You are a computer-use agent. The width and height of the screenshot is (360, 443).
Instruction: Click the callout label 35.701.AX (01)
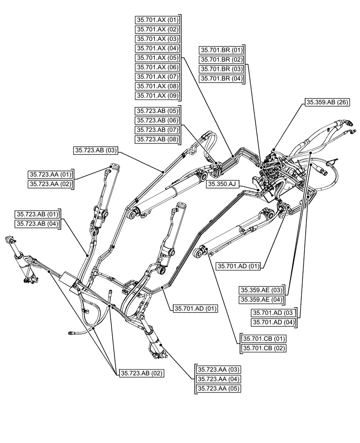pyautogui.click(x=157, y=20)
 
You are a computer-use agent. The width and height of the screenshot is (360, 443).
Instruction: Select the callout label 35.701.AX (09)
pyautogui.click(x=157, y=96)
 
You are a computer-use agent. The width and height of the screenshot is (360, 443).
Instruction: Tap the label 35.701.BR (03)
pyautogui.click(x=221, y=69)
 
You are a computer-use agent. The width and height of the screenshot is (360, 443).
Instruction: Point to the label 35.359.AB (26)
pyautogui.click(x=327, y=102)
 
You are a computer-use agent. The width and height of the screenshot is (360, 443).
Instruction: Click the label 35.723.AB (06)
pyautogui.click(x=157, y=120)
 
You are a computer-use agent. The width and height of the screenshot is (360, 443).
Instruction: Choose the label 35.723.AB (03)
pyautogui.click(x=95, y=151)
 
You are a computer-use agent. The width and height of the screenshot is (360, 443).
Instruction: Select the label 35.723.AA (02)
pyautogui.click(x=51, y=183)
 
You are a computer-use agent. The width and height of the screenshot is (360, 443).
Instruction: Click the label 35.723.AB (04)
pyautogui.click(x=38, y=224)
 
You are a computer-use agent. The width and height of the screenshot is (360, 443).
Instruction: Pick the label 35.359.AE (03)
pyautogui.click(x=262, y=290)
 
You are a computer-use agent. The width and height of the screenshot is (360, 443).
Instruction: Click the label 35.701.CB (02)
pyautogui.click(x=264, y=348)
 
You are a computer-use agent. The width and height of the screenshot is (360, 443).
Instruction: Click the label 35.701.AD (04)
pyautogui.click(x=273, y=322)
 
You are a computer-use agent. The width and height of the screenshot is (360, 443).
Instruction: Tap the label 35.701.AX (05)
pyautogui.click(x=157, y=58)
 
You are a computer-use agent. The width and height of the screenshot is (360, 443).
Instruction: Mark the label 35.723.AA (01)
pyautogui.click(x=51, y=174)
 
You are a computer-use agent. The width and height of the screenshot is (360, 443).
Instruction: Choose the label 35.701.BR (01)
pyautogui.click(x=221, y=50)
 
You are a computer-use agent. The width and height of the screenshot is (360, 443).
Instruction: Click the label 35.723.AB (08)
pyautogui.click(x=157, y=140)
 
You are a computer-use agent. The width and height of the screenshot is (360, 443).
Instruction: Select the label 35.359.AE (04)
pyautogui.click(x=262, y=299)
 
